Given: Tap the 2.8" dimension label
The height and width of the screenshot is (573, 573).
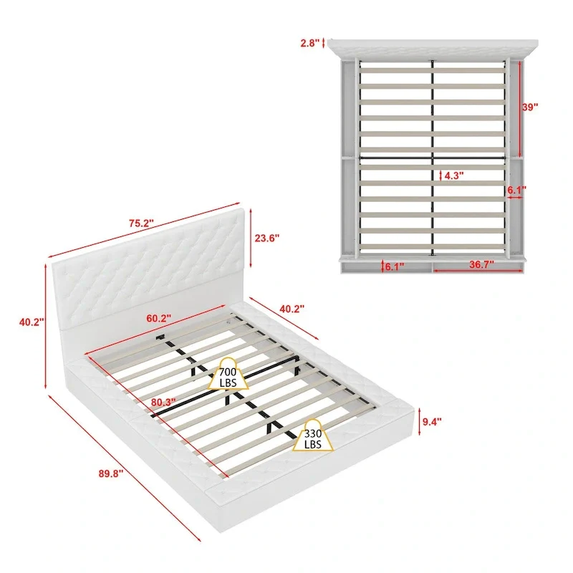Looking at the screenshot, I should (310, 43).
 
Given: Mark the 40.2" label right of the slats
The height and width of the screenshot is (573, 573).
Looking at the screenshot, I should (292, 309).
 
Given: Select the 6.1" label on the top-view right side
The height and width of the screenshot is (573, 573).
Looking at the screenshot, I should (516, 191).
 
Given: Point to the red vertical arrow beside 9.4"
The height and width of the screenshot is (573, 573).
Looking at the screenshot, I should (418, 421).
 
